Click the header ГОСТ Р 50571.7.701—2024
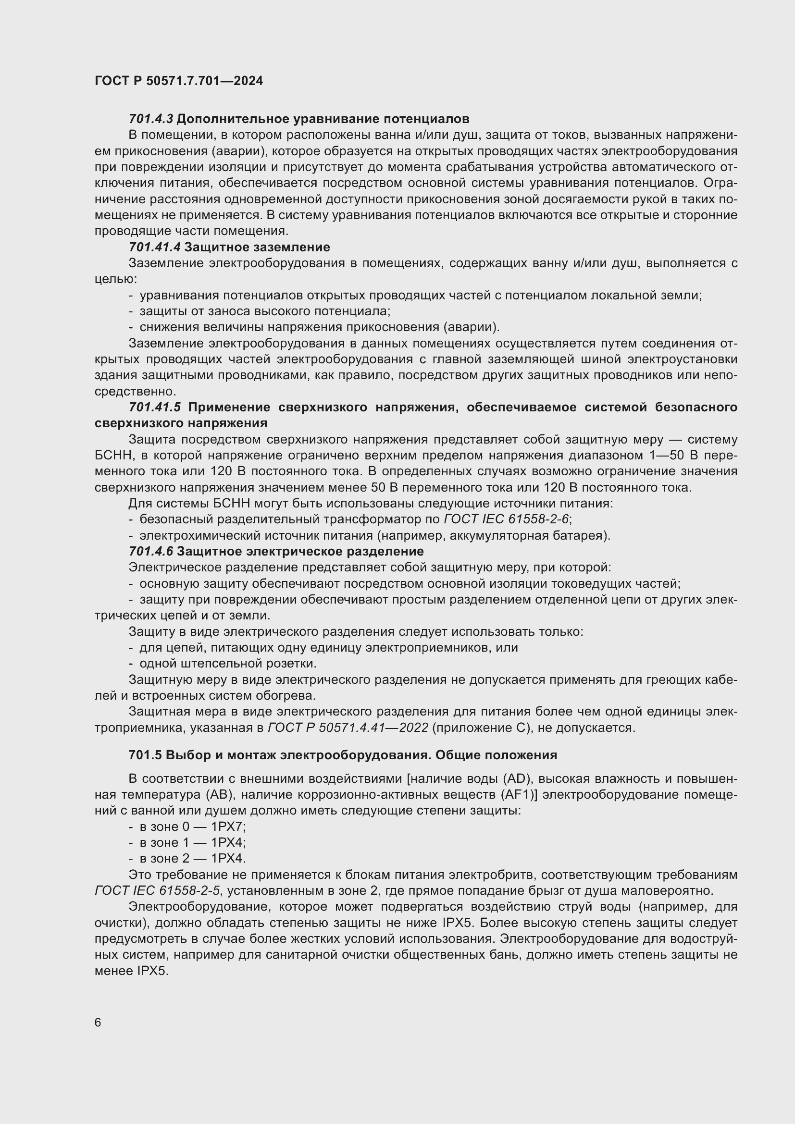click(x=179, y=81)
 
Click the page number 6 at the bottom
click(x=98, y=1022)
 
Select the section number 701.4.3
click(x=151, y=119)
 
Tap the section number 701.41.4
click(x=155, y=247)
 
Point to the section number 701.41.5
click(x=155, y=407)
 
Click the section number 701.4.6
click(x=151, y=551)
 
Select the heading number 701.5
click(x=145, y=755)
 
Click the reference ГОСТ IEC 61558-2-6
click(x=506, y=519)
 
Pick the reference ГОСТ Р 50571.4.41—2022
click(x=348, y=728)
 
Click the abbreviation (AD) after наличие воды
click(x=518, y=778)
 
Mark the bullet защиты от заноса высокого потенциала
click(x=264, y=311)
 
